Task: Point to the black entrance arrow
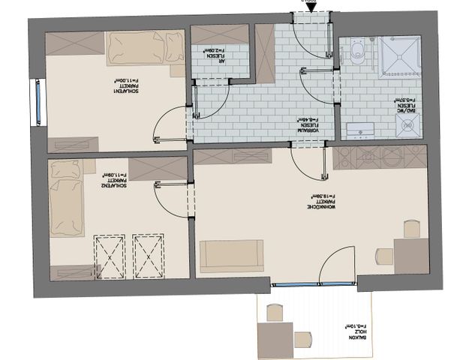tap(311, 4)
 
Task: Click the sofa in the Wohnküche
tap(232, 256)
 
